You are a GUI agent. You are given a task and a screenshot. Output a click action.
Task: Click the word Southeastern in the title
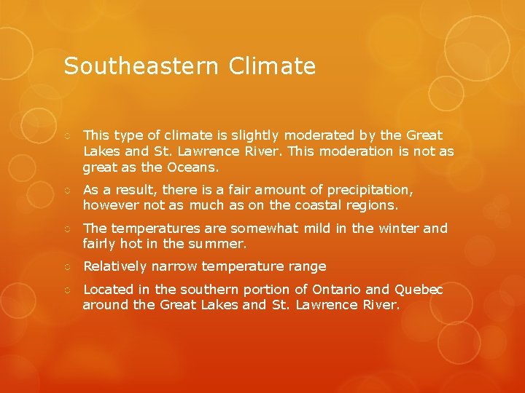140,67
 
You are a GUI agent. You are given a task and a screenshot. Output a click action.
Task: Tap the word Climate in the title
272,67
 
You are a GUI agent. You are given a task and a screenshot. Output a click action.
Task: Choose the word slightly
254,135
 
